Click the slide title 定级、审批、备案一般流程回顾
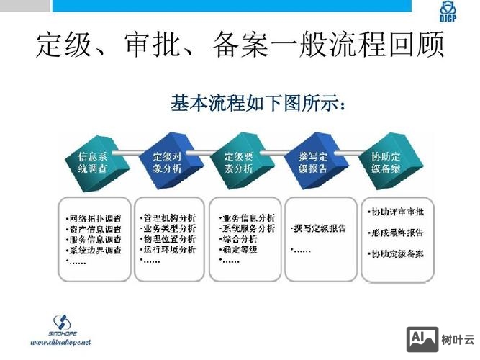(x=240, y=47)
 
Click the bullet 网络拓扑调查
(x=95, y=217)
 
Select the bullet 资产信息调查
(x=95, y=228)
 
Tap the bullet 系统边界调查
(x=95, y=250)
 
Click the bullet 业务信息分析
(x=248, y=217)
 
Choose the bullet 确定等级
(x=240, y=250)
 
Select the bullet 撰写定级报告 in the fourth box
(x=319, y=228)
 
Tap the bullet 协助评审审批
(x=397, y=212)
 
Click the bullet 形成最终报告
(x=397, y=233)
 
